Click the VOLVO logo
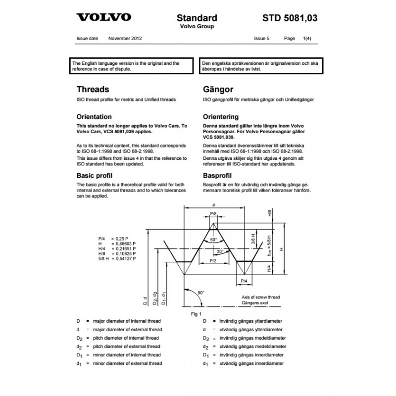tap(103, 18)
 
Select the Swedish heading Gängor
tap(215, 90)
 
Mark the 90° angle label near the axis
tap(200, 293)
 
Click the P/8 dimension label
tap(213, 213)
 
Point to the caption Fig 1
tap(197, 314)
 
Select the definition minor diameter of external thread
tap(127, 364)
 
